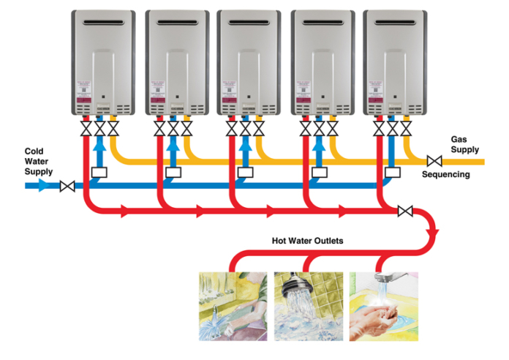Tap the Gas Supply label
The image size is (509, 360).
pyautogui.click(x=463, y=143)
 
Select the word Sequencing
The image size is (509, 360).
pyautogui.click(x=445, y=175)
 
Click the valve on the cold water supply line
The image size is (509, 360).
pyautogui.click(x=68, y=187)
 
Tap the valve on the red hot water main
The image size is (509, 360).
pyautogui.click(x=404, y=212)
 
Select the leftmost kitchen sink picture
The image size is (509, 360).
pyautogui.click(x=233, y=306)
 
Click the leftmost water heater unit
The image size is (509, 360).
pyautogui.click(x=103, y=62)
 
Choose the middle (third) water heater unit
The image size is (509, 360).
pyautogui.click(x=249, y=62)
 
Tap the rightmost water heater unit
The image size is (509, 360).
pyautogui.click(x=395, y=62)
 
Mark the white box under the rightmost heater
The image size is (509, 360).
pyautogui.click(x=393, y=173)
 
